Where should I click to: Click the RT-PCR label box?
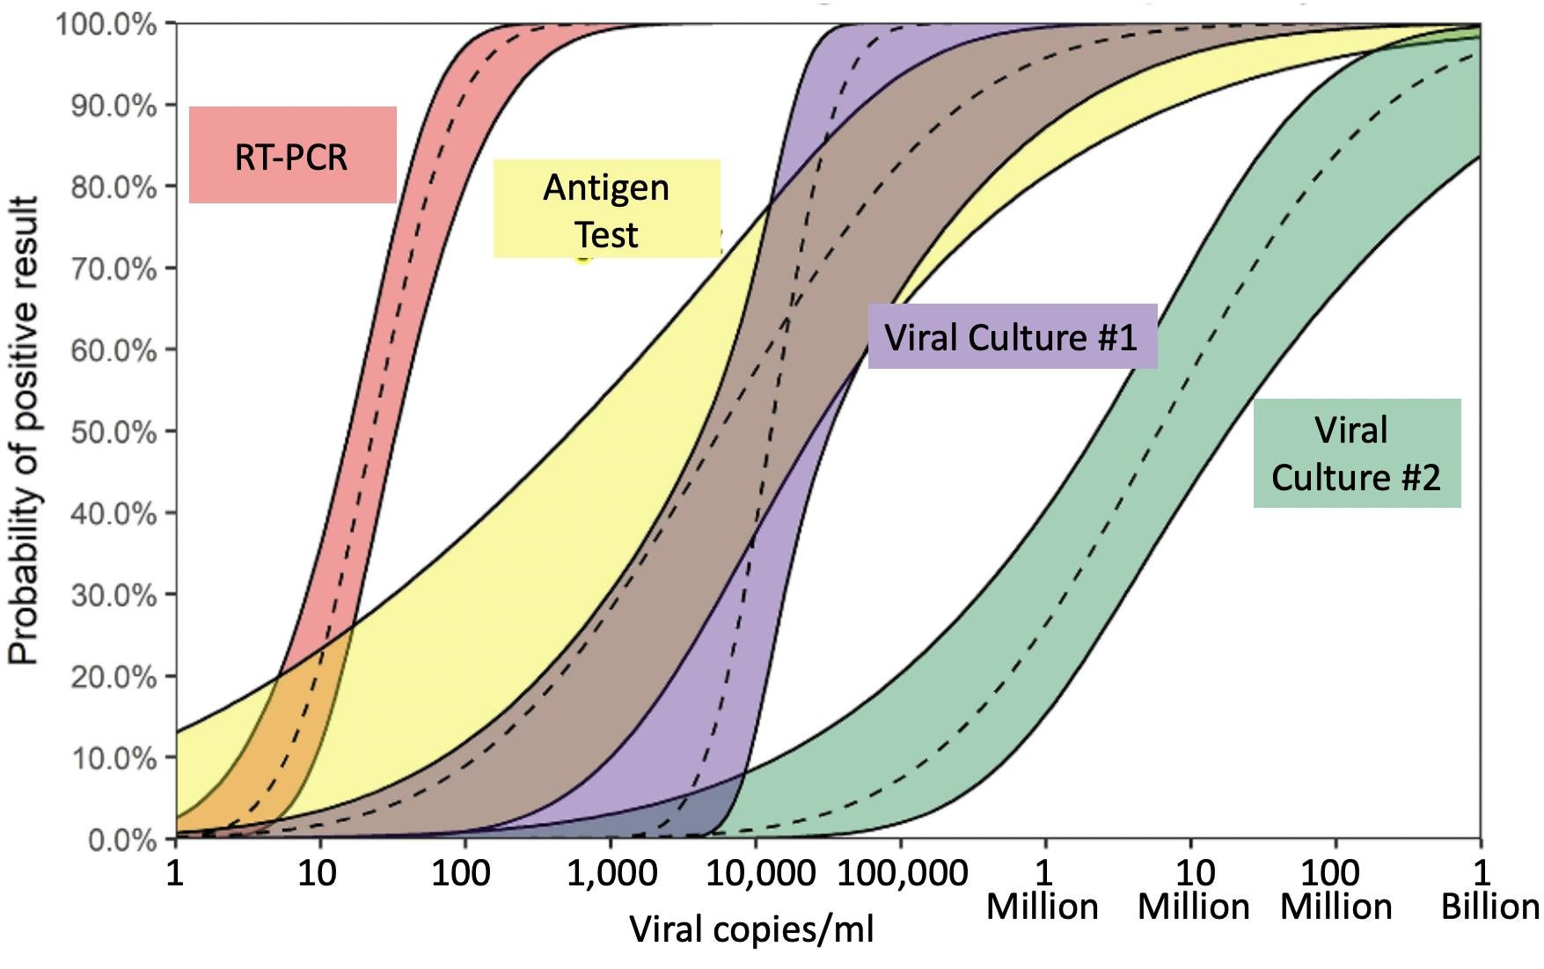point(292,156)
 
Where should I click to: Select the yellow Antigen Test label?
point(606,209)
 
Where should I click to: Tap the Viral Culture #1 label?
point(1012,337)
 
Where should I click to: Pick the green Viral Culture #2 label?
point(1356,453)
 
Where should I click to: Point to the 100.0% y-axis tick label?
point(106,25)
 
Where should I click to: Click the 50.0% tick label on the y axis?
point(113,432)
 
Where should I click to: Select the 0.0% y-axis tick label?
point(121,840)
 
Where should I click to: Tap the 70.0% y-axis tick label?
point(113,268)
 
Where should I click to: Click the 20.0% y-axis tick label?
point(113,677)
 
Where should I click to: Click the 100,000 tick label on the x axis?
point(902,873)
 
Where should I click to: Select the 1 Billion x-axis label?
point(1487,889)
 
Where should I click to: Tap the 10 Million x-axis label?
point(1193,889)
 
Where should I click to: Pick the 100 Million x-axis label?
point(1335,889)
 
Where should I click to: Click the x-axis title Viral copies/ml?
point(752,929)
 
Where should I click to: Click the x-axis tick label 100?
point(462,873)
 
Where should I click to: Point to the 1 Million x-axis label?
point(1043,889)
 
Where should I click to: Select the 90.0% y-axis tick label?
point(113,106)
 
